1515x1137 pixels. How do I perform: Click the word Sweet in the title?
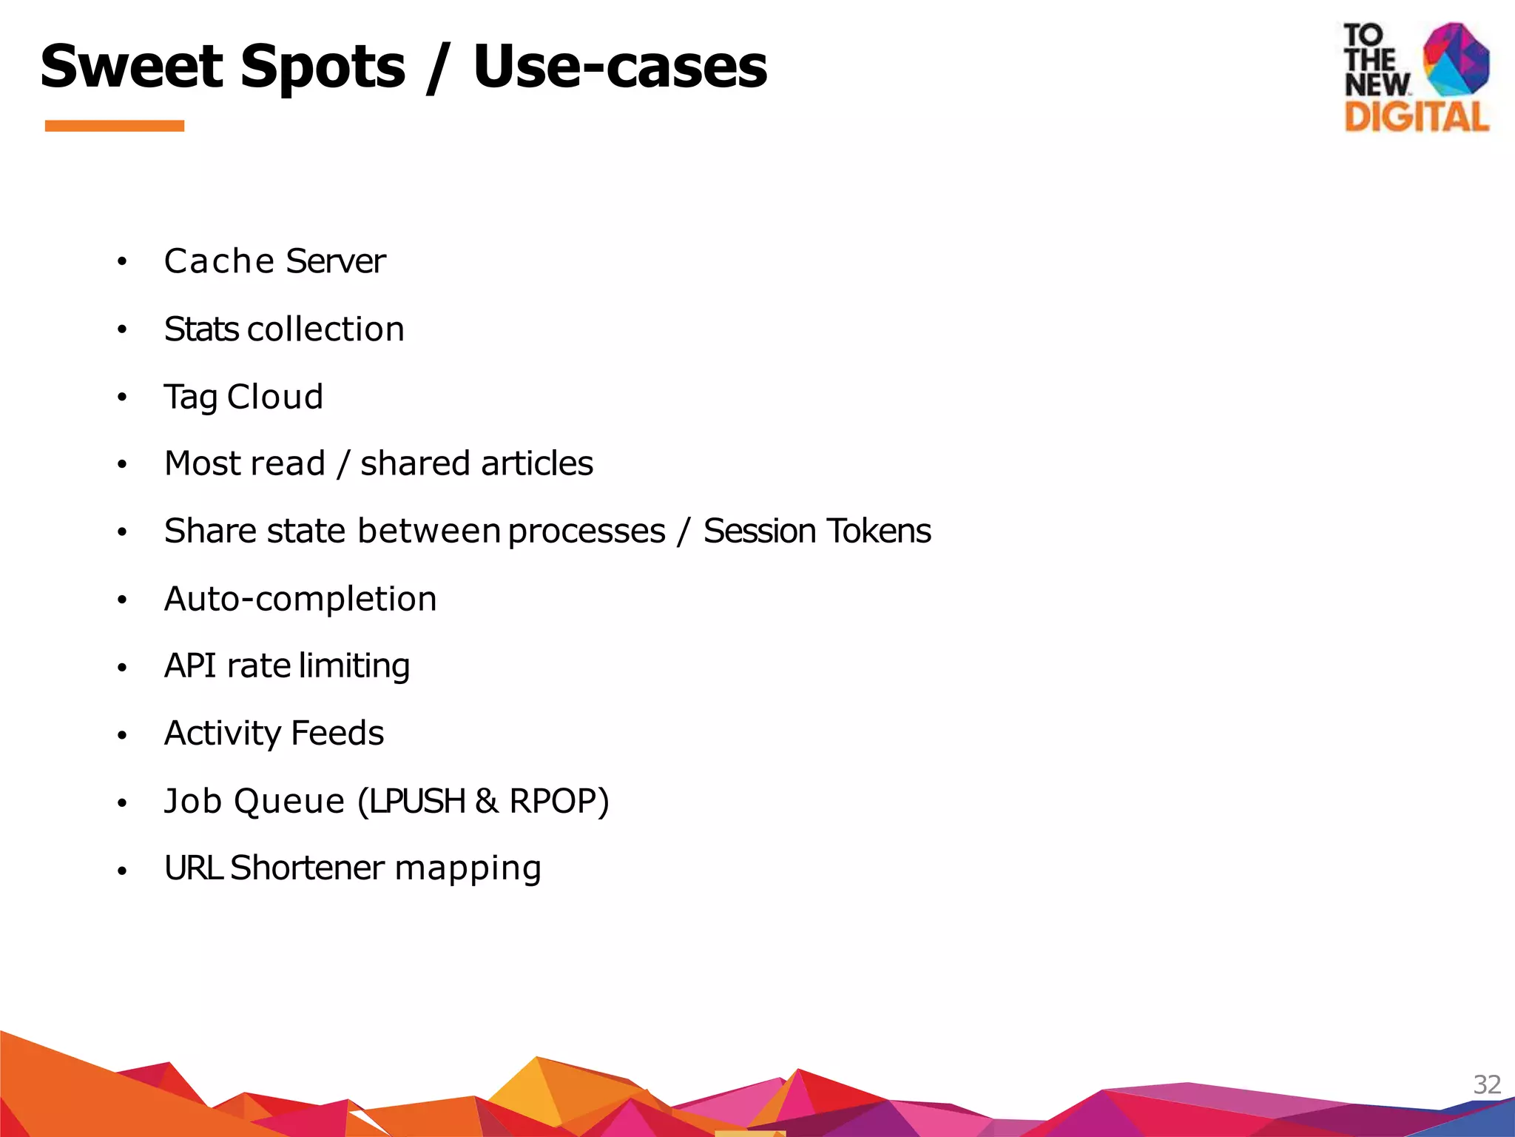(132, 67)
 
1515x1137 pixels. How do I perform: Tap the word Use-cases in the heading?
(620, 67)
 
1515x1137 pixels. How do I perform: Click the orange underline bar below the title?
(115, 126)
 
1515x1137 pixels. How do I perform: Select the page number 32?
(1487, 1084)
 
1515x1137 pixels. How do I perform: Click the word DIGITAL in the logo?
(1417, 117)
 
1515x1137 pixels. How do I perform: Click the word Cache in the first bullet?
(219, 261)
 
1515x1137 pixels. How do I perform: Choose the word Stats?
(202, 329)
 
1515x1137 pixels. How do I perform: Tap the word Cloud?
(275, 397)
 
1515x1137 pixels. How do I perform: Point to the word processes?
(587, 531)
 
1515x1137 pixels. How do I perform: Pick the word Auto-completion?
(300, 599)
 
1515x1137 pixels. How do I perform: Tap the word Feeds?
(337, 734)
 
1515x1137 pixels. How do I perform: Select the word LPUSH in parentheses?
(418, 801)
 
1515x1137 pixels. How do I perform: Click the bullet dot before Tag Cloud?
(122, 398)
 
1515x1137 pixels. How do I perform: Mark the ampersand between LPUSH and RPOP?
(487, 801)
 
